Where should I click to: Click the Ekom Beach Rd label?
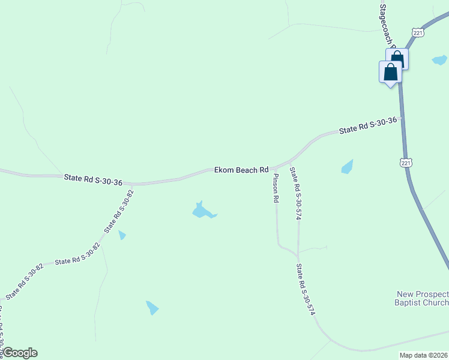pos(241,170)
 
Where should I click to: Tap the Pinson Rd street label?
pos(276,188)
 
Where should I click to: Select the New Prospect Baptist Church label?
pos(423,298)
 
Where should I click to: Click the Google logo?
pos(20,353)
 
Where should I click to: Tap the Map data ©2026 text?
pos(424,355)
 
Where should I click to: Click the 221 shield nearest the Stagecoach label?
pos(418,32)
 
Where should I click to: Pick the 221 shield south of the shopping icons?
pos(406,163)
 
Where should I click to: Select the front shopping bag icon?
pos(390,71)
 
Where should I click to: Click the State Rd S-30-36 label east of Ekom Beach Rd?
pos(367,125)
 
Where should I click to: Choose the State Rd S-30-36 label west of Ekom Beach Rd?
pos(93,179)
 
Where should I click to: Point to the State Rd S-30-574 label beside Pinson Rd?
pos(295,194)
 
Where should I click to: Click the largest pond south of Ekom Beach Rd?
pos(202,211)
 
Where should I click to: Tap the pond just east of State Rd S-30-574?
pos(347,166)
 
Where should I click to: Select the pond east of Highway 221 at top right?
pos(439,60)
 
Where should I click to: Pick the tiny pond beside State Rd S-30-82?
pos(122,235)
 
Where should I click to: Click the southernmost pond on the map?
pos(152,307)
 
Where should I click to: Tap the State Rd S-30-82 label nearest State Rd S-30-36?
pos(119,211)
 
